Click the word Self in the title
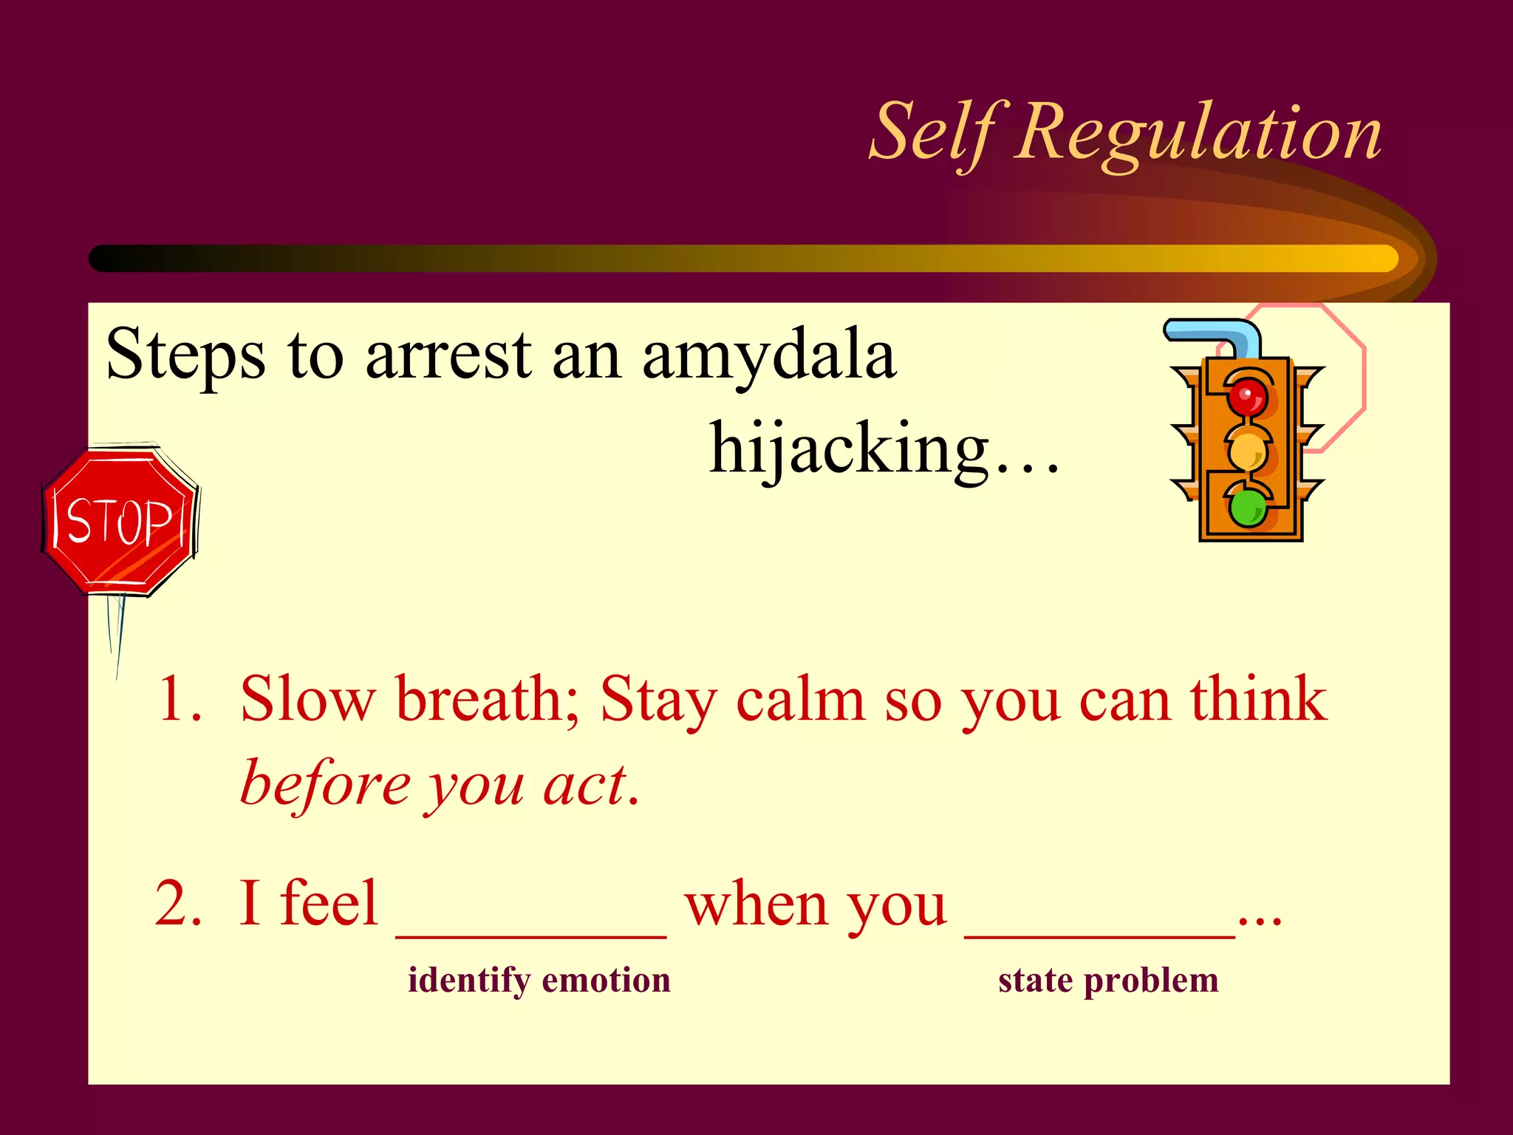pos(935,133)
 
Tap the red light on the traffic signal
pos(1247,398)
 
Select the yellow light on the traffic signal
pos(1247,450)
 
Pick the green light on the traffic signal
pos(1247,508)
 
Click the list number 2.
pos(177,903)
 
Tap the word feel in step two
pos(329,903)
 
